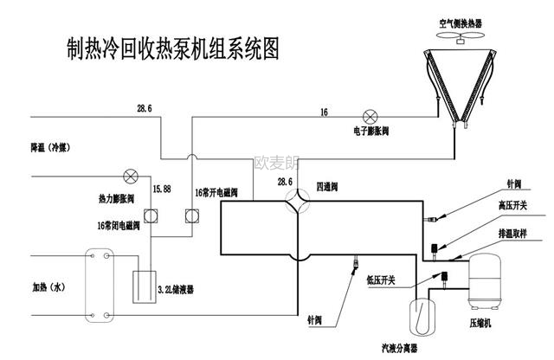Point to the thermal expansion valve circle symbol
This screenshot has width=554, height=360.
click(x=132, y=176)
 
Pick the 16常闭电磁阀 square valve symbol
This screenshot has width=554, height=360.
click(x=150, y=215)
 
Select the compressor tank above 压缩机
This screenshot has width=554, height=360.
click(x=486, y=280)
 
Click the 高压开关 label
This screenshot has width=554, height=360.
click(x=513, y=205)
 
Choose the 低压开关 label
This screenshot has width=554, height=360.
click(x=380, y=280)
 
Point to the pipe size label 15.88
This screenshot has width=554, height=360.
click(x=162, y=188)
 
